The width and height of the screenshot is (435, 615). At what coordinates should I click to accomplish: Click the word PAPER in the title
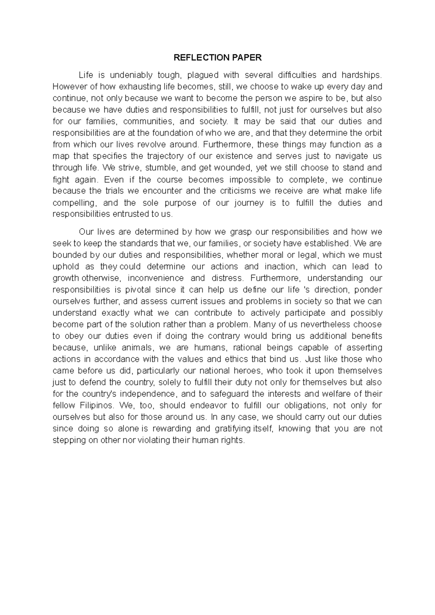pyautogui.click(x=247, y=58)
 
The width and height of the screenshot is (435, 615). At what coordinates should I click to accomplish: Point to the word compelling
pyautogui.click(x=74, y=203)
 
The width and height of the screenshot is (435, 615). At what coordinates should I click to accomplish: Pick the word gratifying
pyautogui.click(x=232, y=429)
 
